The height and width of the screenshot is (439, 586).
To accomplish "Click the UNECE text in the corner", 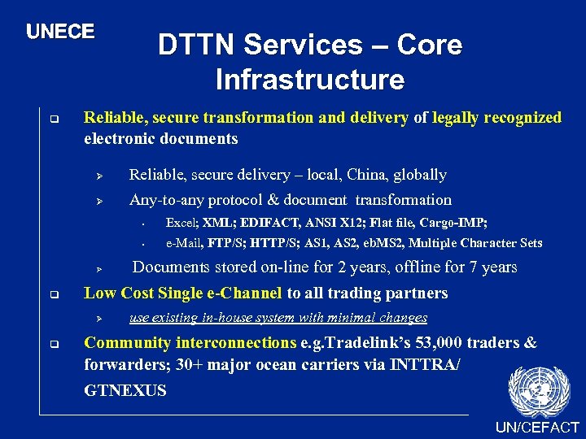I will tap(60, 32).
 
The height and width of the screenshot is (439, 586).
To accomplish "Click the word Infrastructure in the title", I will tap(310, 80).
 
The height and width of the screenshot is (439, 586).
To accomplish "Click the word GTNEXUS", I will tap(125, 390).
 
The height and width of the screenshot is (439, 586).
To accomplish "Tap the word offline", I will tap(429, 267).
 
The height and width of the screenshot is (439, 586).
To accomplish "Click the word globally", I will tap(420, 175).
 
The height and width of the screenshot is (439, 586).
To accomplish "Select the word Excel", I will tap(181, 223).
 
